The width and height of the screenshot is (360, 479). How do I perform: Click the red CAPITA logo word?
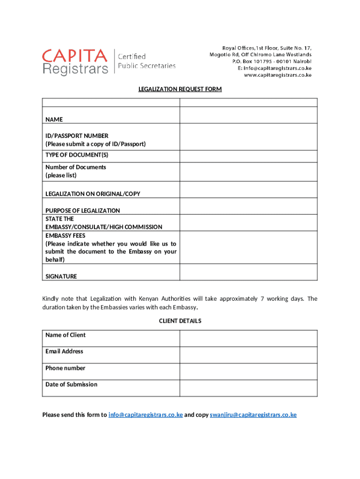(75, 57)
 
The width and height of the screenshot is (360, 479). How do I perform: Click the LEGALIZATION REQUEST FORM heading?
(180, 89)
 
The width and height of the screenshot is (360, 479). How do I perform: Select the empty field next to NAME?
(248, 115)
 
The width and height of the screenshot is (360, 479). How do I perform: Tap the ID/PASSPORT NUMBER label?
(77, 136)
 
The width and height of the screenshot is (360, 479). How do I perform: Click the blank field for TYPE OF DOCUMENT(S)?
(248, 156)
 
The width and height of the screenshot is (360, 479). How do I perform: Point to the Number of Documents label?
(76, 167)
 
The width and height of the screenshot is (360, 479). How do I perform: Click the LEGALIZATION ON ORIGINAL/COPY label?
(93, 194)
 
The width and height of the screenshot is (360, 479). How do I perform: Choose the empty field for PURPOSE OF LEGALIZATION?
(248, 206)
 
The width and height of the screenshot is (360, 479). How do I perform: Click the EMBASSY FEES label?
(65, 235)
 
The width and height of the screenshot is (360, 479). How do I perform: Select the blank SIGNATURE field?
(248, 272)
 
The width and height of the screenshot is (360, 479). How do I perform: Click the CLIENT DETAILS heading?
(180, 321)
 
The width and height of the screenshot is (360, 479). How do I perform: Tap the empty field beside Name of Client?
(248, 338)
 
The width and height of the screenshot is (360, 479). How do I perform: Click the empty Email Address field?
(248, 355)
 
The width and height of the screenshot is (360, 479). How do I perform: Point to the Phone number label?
(65, 368)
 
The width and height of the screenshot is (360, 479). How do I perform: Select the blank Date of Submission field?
(248, 388)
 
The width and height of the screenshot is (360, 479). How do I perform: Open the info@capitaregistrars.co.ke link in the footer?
(145, 414)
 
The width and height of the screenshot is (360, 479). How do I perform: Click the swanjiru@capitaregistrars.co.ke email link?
(253, 414)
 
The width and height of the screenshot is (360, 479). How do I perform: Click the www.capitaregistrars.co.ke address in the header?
(278, 75)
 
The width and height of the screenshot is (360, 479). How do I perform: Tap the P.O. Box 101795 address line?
(272, 61)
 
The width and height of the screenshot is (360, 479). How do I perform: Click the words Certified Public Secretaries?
(146, 61)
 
